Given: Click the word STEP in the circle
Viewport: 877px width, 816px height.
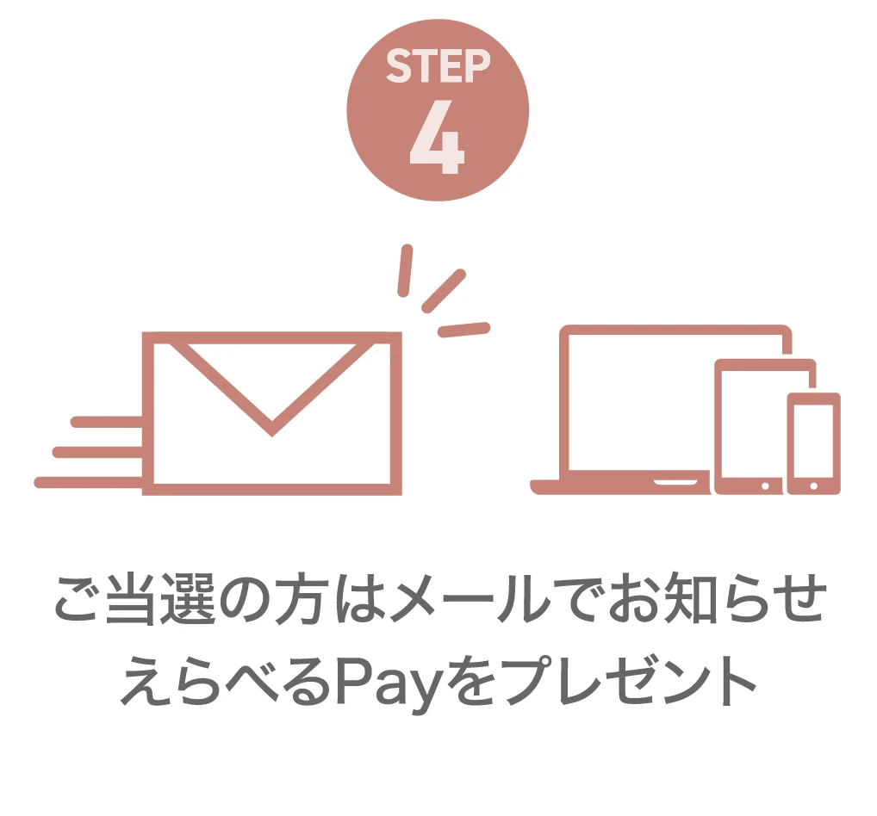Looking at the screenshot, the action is pyautogui.click(x=438, y=66).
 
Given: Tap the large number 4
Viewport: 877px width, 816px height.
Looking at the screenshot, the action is pyautogui.click(x=437, y=137).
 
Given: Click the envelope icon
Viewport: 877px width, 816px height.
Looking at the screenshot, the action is pyautogui.click(x=272, y=413).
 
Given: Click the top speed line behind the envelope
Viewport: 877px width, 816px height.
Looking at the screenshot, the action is pyautogui.click(x=107, y=422).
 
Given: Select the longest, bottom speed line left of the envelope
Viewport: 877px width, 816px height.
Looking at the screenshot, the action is pyautogui.click(x=89, y=482).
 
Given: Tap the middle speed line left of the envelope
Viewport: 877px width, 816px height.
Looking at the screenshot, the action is pyautogui.click(x=98, y=452).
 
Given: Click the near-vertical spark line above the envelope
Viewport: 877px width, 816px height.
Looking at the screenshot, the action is pyautogui.click(x=405, y=270).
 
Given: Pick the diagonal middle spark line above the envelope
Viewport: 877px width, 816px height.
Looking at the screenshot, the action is pyautogui.click(x=444, y=291).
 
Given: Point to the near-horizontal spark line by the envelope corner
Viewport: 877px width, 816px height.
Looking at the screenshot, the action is pyautogui.click(x=463, y=330).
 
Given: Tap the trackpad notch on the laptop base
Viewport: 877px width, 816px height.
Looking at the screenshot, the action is pyautogui.click(x=675, y=482).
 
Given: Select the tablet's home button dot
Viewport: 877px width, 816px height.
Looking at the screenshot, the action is pyautogui.click(x=765, y=486).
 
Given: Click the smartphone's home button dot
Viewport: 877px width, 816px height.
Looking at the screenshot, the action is pyautogui.click(x=814, y=486).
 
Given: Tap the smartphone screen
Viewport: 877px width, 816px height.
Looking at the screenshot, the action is pyautogui.click(x=814, y=441).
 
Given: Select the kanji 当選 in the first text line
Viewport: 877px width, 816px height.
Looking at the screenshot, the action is pyautogui.click(x=160, y=598).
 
